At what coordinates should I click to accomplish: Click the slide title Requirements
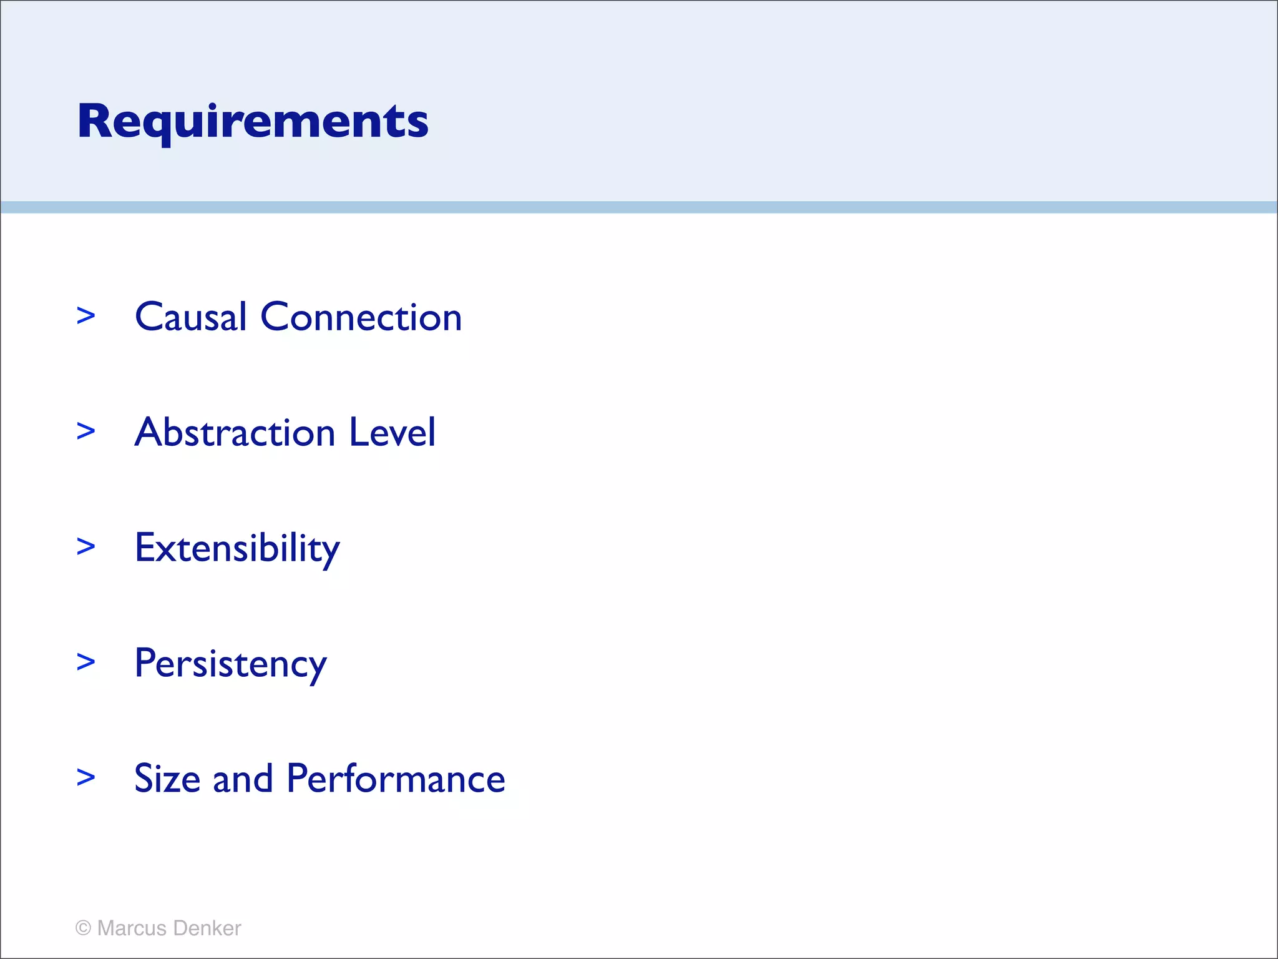(253, 122)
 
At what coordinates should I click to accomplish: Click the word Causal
(191, 317)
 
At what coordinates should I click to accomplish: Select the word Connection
(361, 317)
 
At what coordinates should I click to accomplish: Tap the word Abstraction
(235, 432)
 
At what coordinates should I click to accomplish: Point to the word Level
(392, 432)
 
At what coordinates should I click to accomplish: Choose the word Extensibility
(237, 548)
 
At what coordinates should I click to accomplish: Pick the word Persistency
(230, 664)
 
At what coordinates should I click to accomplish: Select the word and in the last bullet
(243, 779)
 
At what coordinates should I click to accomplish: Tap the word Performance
(396, 779)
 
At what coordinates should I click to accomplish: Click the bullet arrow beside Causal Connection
(86, 316)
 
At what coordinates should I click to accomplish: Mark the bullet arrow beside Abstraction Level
(86, 431)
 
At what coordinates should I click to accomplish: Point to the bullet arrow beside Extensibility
(86, 546)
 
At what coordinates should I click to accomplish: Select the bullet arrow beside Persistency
(86, 662)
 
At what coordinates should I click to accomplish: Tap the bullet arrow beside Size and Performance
(86, 777)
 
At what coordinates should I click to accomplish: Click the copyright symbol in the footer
(83, 928)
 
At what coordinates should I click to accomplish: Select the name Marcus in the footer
(132, 928)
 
